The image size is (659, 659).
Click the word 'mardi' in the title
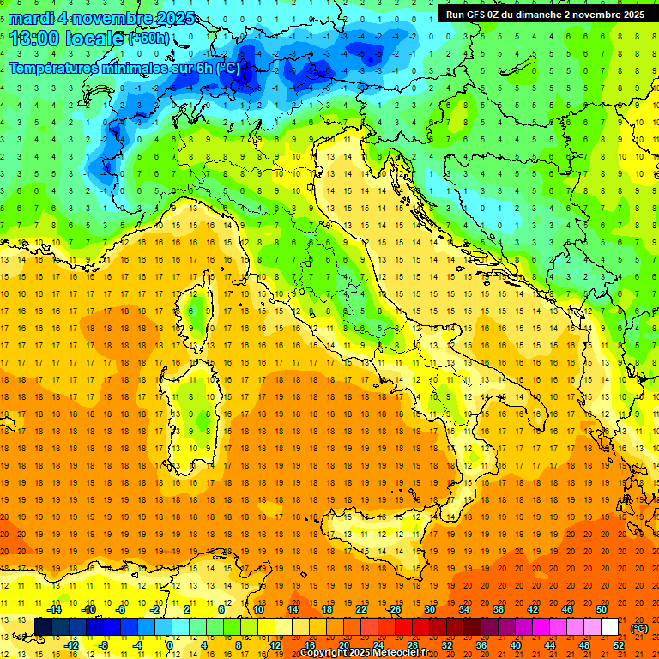31,19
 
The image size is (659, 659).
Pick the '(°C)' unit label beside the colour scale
639,628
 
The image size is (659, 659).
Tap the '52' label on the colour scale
620,645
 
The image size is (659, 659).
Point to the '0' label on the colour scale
170,645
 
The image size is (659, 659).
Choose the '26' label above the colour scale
395,609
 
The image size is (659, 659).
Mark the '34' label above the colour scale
463,609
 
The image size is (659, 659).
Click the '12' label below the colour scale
275,645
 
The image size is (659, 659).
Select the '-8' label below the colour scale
103,645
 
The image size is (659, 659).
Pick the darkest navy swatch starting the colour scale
43,627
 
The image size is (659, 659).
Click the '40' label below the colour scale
516,645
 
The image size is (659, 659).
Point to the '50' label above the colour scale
602,609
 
